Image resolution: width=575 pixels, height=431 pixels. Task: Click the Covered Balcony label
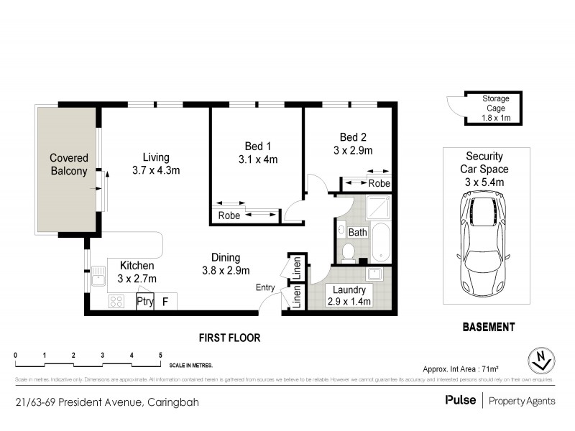coord(69,164)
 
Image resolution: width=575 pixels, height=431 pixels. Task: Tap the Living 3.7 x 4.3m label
coord(155,164)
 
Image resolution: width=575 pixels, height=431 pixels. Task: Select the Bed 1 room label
coord(257,152)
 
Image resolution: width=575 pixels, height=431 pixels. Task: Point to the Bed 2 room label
coord(353,144)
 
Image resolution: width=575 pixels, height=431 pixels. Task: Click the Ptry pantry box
coord(145,302)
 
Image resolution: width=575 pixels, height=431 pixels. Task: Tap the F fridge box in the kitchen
coord(165,302)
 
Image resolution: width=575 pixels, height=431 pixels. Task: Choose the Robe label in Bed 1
coord(229,215)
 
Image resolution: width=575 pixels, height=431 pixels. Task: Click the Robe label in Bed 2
coord(379,183)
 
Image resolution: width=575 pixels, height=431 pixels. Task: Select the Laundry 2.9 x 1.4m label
coord(349,295)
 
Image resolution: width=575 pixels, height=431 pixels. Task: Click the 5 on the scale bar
coord(160,354)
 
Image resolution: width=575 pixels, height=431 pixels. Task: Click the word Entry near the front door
coord(266,287)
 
